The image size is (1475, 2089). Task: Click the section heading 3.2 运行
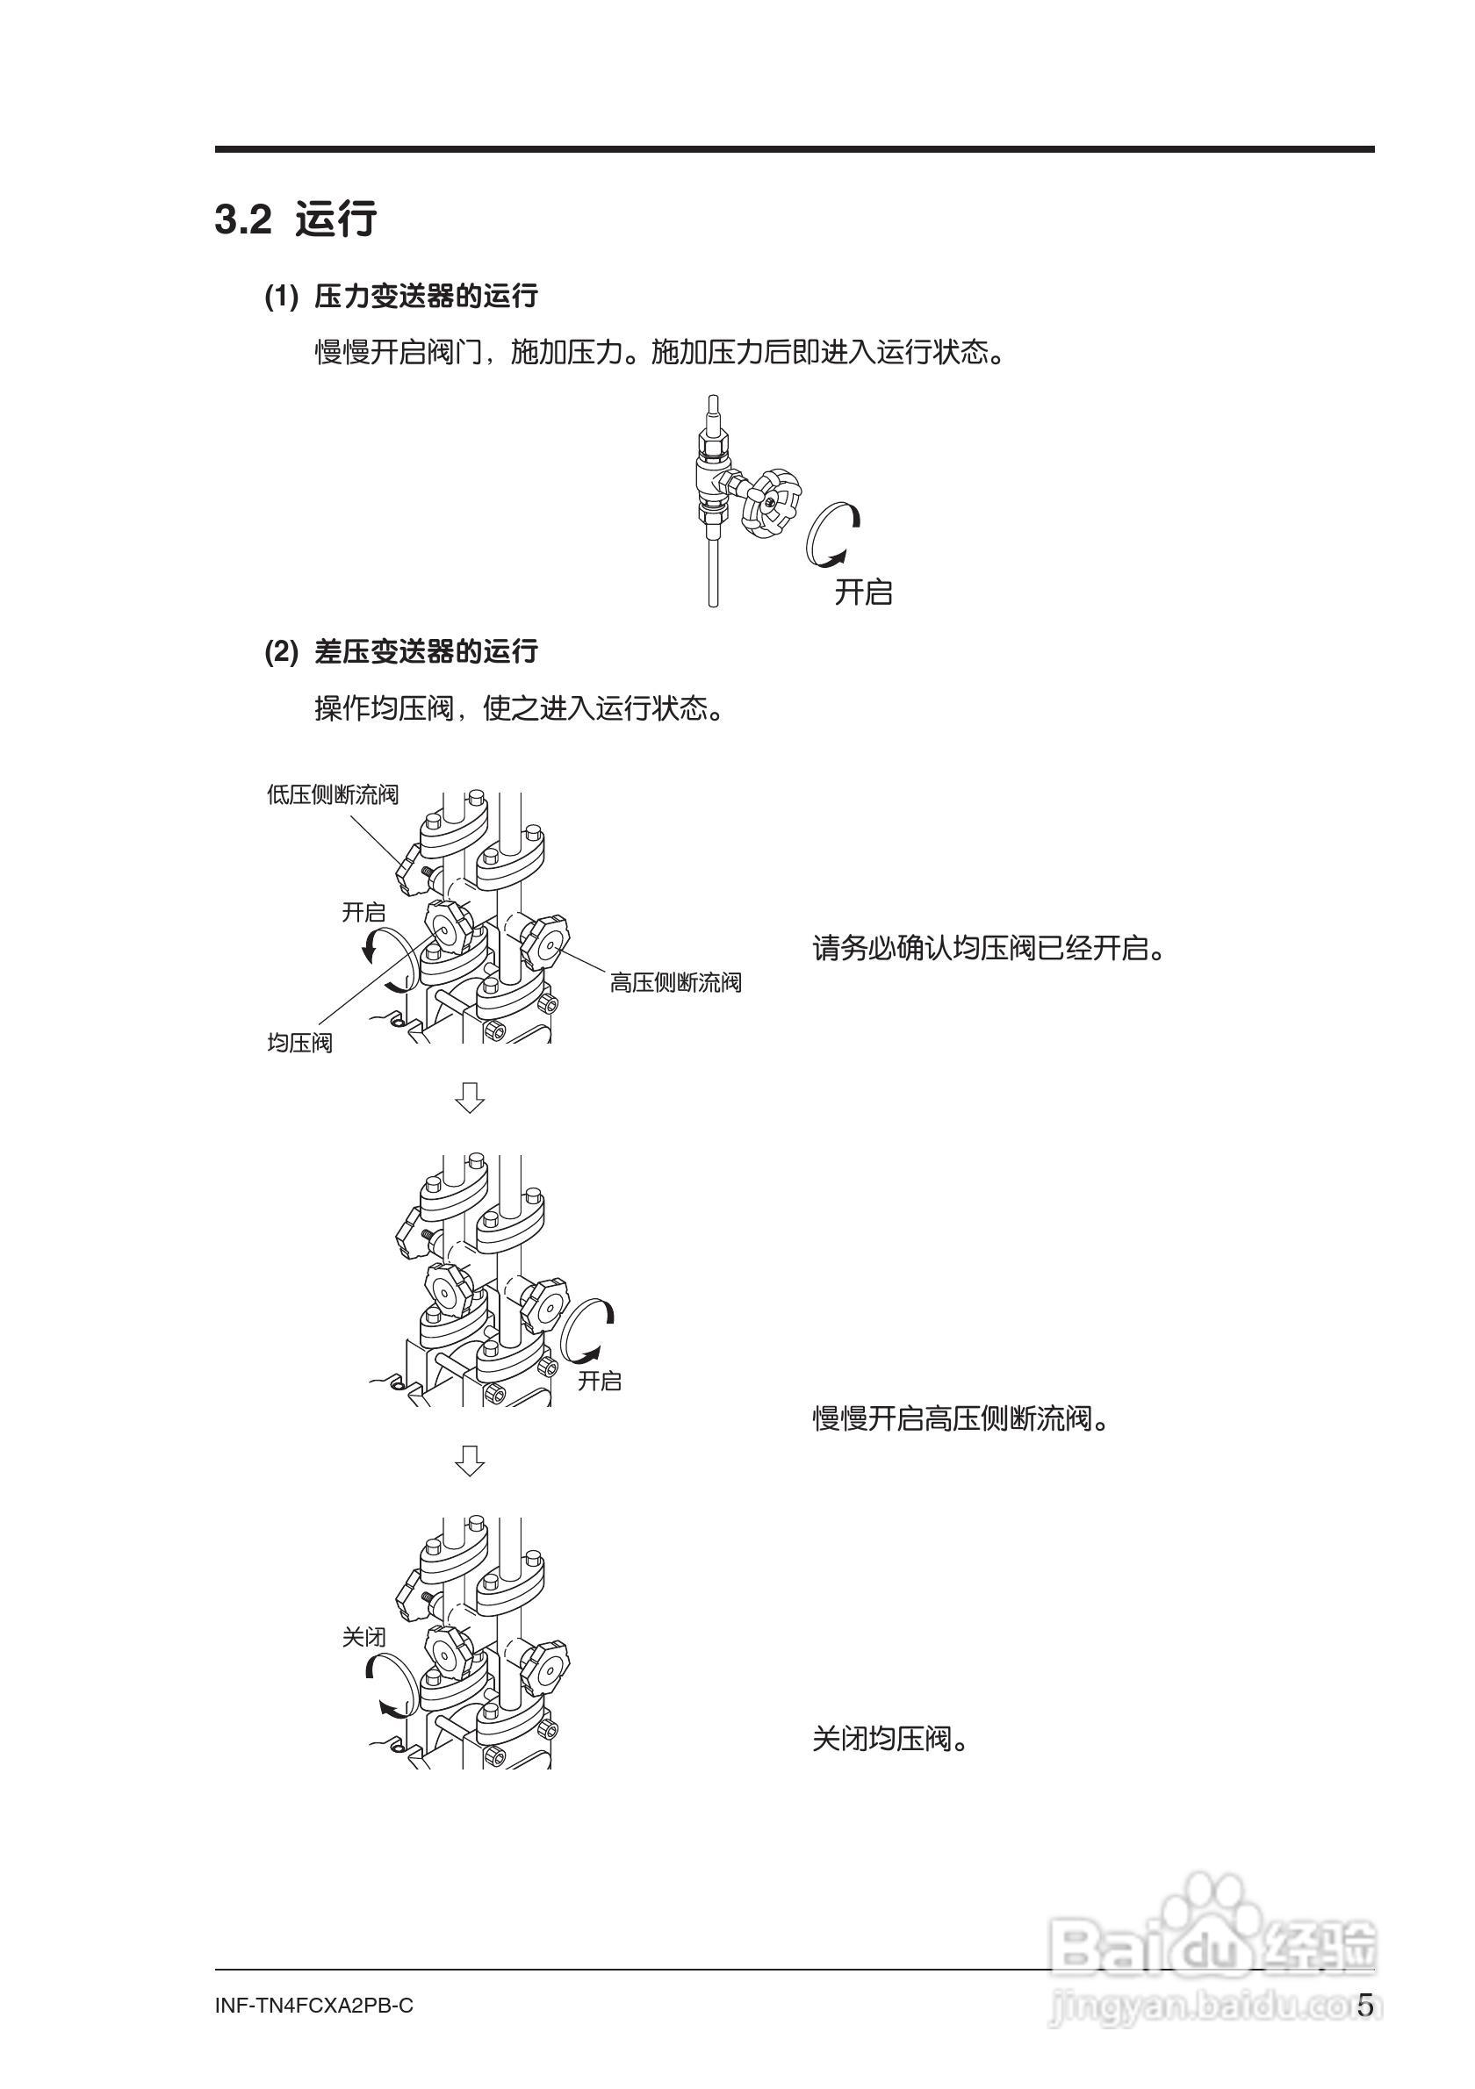pos(296,220)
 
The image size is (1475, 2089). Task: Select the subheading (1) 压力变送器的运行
pos(401,297)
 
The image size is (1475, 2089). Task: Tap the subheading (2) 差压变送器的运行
pos(401,651)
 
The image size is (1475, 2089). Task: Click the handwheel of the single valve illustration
pos(770,503)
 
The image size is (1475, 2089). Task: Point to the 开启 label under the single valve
pos(864,592)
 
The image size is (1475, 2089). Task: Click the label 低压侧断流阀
pos(332,794)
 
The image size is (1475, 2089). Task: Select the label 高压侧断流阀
pos(675,983)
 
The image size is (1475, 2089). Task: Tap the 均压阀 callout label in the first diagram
pos(299,1043)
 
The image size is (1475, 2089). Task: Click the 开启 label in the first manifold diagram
pos(363,912)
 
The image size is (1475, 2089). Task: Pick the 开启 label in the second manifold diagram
pos(600,1382)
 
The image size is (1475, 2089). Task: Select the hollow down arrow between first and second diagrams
pos(470,1097)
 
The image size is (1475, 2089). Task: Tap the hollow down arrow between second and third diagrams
pos(470,1461)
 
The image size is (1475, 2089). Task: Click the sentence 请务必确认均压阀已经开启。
pos(989,949)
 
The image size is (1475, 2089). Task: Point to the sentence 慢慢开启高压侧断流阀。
pos(961,1418)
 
